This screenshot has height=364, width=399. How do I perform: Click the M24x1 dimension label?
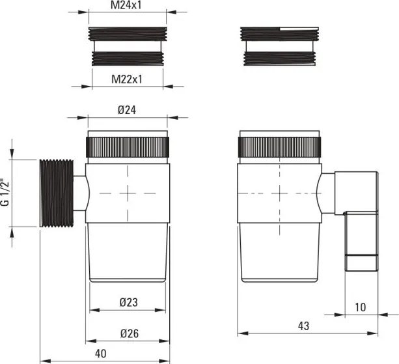pos(126,5)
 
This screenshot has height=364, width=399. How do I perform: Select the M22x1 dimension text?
pos(127,79)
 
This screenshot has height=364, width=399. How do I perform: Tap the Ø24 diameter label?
pos(127,110)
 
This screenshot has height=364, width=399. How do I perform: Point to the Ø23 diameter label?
pos(128,302)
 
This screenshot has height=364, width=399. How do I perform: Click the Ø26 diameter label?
pos(130,333)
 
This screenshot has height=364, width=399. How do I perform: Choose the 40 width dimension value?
pos(100,354)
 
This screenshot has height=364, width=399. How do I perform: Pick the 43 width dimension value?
pos(303,326)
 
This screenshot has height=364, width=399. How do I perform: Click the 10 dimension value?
pos(360,307)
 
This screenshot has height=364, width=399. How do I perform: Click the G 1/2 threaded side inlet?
pos(57,193)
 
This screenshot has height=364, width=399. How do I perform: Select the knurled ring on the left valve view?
pos(128,147)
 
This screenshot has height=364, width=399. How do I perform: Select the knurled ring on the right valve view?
pos(279,147)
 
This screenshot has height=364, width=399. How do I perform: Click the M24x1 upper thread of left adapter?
pos(128,34)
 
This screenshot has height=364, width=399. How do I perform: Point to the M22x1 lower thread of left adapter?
pos(128,59)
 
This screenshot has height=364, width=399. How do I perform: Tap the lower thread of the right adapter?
pos(279,59)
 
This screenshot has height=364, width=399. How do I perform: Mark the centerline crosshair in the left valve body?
pos(128,193)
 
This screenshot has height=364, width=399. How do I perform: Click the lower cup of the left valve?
pos(128,253)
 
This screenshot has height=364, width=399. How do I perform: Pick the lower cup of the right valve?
pos(279,253)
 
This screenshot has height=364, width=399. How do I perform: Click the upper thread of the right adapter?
pos(279,34)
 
